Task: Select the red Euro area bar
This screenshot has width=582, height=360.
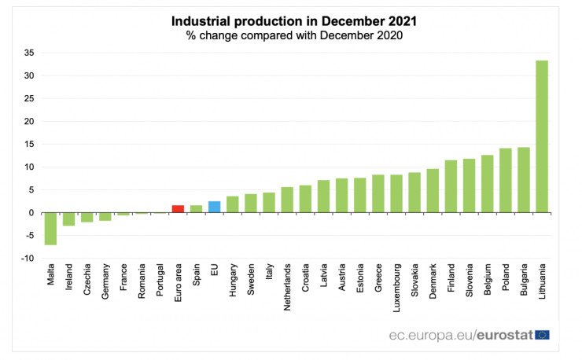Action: [178, 209]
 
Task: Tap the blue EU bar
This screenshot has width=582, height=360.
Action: [214, 207]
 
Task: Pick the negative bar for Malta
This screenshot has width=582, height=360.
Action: [50, 229]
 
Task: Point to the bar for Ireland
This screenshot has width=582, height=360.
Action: [68, 219]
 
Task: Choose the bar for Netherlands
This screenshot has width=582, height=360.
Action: [287, 200]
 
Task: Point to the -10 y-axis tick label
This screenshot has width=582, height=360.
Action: [27, 259]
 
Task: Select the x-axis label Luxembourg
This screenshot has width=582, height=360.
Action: [396, 287]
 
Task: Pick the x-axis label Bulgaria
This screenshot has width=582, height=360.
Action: [524, 282]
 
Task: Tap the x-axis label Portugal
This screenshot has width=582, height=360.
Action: [160, 281]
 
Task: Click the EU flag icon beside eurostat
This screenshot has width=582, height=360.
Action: [542, 334]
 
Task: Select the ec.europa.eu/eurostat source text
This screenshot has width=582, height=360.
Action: [460, 335]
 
